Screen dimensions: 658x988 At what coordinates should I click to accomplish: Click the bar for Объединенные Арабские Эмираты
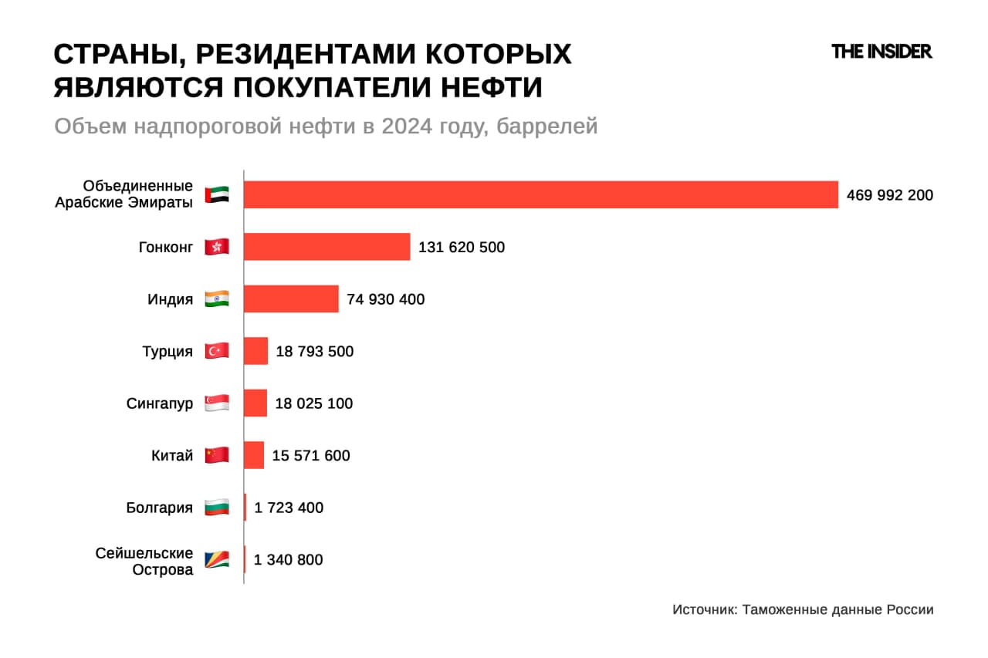pyautogui.click(x=540, y=194)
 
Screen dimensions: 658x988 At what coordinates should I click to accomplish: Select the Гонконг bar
pyautogui.click(x=327, y=247)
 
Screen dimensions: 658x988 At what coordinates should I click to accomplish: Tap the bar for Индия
pyautogui.click(x=291, y=299)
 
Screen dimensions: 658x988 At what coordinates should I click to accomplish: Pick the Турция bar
pyautogui.click(x=255, y=351)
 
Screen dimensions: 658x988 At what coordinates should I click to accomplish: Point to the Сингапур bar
pyautogui.click(x=255, y=403)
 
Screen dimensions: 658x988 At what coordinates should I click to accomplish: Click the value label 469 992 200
pyautogui.click(x=889, y=195)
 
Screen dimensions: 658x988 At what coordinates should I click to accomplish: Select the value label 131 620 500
pyautogui.click(x=462, y=248)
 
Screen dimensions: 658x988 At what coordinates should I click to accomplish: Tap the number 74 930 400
pyautogui.click(x=385, y=299)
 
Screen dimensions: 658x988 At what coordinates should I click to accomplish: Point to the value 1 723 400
pyautogui.click(x=289, y=508)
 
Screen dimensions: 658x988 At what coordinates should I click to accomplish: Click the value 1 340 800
pyautogui.click(x=288, y=560)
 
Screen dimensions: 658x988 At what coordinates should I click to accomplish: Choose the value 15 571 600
pyautogui.click(x=311, y=456)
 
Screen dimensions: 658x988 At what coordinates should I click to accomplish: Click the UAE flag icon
pyautogui.click(x=217, y=195)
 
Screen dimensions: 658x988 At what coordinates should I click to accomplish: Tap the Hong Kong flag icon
pyautogui.click(x=217, y=248)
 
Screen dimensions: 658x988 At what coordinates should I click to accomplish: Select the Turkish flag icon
pyautogui.click(x=217, y=352)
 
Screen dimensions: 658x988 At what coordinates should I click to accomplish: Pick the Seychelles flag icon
pyautogui.click(x=217, y=560)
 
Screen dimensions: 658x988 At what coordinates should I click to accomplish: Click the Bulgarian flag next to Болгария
pyautogui.click(x=217, y=508)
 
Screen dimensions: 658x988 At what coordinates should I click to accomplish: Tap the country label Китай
pyautogui.click(x=172, y=456)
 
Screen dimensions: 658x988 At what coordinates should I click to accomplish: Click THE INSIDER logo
pyautogui.click(x=881, y=52)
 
